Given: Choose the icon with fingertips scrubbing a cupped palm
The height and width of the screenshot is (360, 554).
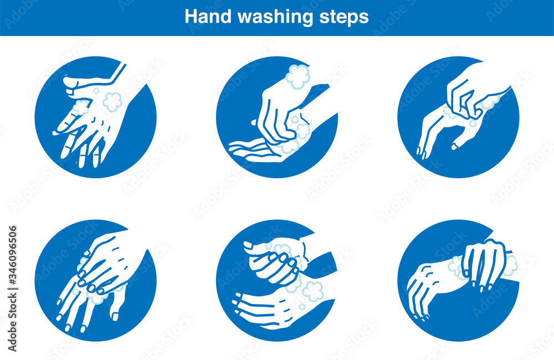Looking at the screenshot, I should tap(277, 116).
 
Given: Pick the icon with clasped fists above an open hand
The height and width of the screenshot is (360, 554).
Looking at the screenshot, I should tap(277, 280).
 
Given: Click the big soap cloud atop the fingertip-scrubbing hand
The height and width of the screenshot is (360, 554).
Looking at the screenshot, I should tap(298, 76).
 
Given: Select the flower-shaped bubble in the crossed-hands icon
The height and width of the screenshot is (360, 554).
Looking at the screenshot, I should tap(113, 101).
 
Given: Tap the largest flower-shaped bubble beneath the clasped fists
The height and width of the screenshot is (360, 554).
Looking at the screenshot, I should tap(312, 290).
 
